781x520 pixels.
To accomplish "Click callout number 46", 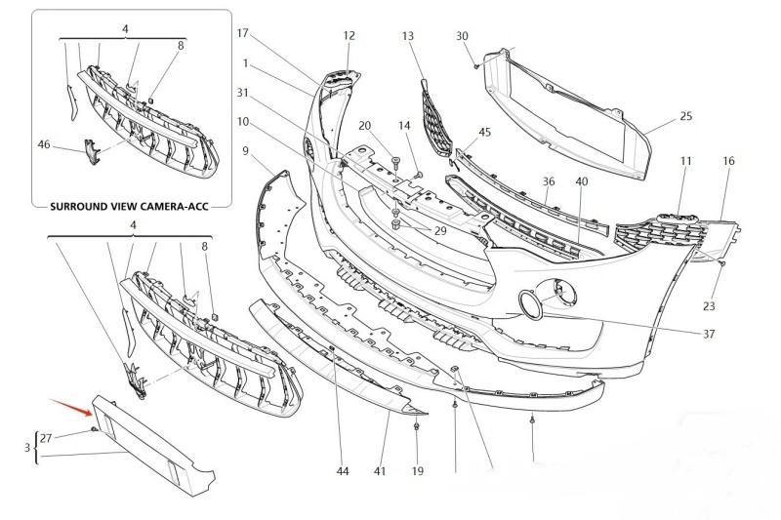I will coord(43,144).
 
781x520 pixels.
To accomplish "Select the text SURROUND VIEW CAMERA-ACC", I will coord(131,206).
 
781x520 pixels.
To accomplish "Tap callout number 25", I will coord(685,117).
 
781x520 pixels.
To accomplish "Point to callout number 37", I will coord(709,334).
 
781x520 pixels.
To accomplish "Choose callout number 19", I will coord(417,471).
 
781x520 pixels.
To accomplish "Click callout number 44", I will coord(342,471).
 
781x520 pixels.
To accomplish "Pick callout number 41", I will coord(380,471).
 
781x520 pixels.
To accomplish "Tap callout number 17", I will coord(244,33).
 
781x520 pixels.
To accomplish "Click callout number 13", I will coord(408,36).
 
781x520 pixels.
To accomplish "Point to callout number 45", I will coord(485,132).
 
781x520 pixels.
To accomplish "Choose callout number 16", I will coord(728,160).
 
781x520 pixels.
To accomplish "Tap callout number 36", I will coord(549,181).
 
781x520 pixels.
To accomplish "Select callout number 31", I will coord(243,93).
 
